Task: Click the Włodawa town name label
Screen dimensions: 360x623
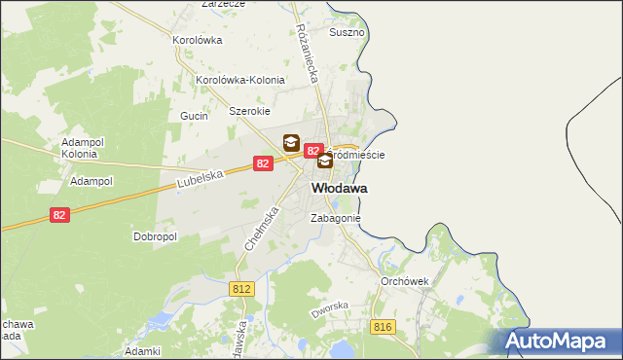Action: point(340,188)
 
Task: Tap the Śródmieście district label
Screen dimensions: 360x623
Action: point(358,155)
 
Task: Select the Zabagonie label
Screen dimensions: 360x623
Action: point(336,219)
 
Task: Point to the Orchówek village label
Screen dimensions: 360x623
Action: point(406,280)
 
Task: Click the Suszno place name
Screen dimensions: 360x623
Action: point(348,32)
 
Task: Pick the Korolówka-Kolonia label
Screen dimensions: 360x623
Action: point(240,80)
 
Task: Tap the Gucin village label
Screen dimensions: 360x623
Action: point(195,116)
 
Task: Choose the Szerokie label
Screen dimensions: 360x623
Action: point(249,111)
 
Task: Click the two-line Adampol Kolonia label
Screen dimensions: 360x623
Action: point(80,148)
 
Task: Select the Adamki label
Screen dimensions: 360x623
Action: point(142,350)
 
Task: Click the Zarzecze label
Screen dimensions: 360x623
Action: point(223,4)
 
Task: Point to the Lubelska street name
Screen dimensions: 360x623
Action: point(202,177)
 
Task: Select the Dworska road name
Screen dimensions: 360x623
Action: point(329,311)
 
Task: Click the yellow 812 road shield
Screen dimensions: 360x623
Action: point(242,288)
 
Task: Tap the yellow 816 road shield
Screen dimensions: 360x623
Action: point(383,327)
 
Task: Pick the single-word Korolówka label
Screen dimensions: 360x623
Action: point(198,40)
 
